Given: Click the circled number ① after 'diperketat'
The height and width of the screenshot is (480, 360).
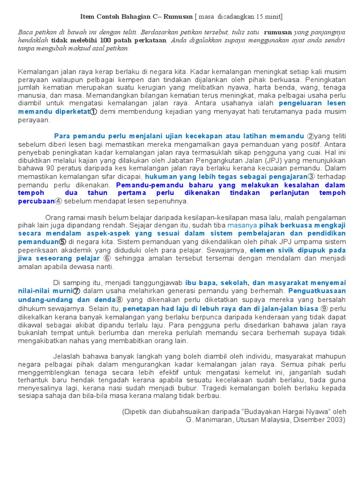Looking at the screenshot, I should pos(93,112).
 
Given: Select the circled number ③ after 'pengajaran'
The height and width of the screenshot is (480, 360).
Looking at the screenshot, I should pos(310,177).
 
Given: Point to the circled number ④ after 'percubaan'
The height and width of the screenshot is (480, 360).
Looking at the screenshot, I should pos(58,201).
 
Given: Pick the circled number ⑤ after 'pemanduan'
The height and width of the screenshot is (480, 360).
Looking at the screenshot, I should pos(62,242).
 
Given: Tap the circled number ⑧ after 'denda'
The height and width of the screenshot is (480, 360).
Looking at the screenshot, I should pos(120,300).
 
